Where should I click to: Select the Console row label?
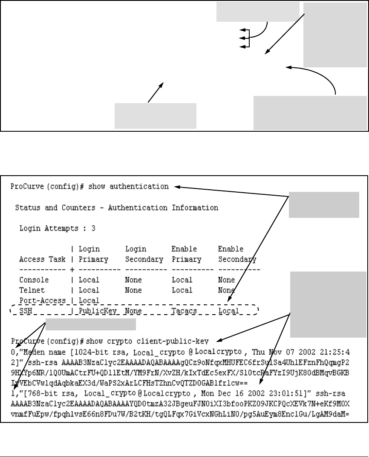[x=34, y=280]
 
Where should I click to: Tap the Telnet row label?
[x=32, y=290]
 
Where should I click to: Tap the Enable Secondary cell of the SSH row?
[x=228, y=311]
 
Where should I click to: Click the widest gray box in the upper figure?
[x=310, y=113]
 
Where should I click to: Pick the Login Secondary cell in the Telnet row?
[x=134, y=290]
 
